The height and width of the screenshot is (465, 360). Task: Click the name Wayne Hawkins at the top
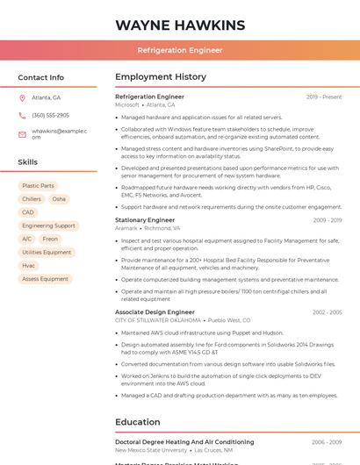tap(180, 24)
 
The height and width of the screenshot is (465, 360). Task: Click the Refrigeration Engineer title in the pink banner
tap(180, 50)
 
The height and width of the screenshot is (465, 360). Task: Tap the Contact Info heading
tap(41, 77)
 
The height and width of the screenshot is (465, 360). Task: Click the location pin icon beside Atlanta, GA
tap(22, 97)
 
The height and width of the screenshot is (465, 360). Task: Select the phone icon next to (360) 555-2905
tap(22, 115)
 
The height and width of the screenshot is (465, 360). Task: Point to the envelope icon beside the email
tap(22, 133)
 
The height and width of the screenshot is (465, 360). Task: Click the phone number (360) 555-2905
tap(50, 115)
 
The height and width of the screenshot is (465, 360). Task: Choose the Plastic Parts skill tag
tap(38, 186)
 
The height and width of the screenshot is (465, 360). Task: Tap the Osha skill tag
tap(59, 199)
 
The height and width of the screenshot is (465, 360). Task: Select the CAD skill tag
tap(28, 212)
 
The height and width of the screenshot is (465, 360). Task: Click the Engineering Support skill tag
tap(48, 225)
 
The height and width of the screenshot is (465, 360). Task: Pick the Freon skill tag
tap(50, 239)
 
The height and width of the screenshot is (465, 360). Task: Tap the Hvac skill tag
tap(29, 265)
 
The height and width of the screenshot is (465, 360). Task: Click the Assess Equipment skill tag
tap(45, 279)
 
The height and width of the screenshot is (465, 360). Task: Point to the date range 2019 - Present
tap(324, 97)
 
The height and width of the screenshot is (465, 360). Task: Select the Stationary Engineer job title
tap(145, 220)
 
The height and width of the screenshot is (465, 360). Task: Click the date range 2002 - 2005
tap(327, 312)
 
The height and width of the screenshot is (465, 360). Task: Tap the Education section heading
tap(138, 422)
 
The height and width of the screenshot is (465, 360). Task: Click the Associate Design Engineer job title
tap(155, 312)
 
